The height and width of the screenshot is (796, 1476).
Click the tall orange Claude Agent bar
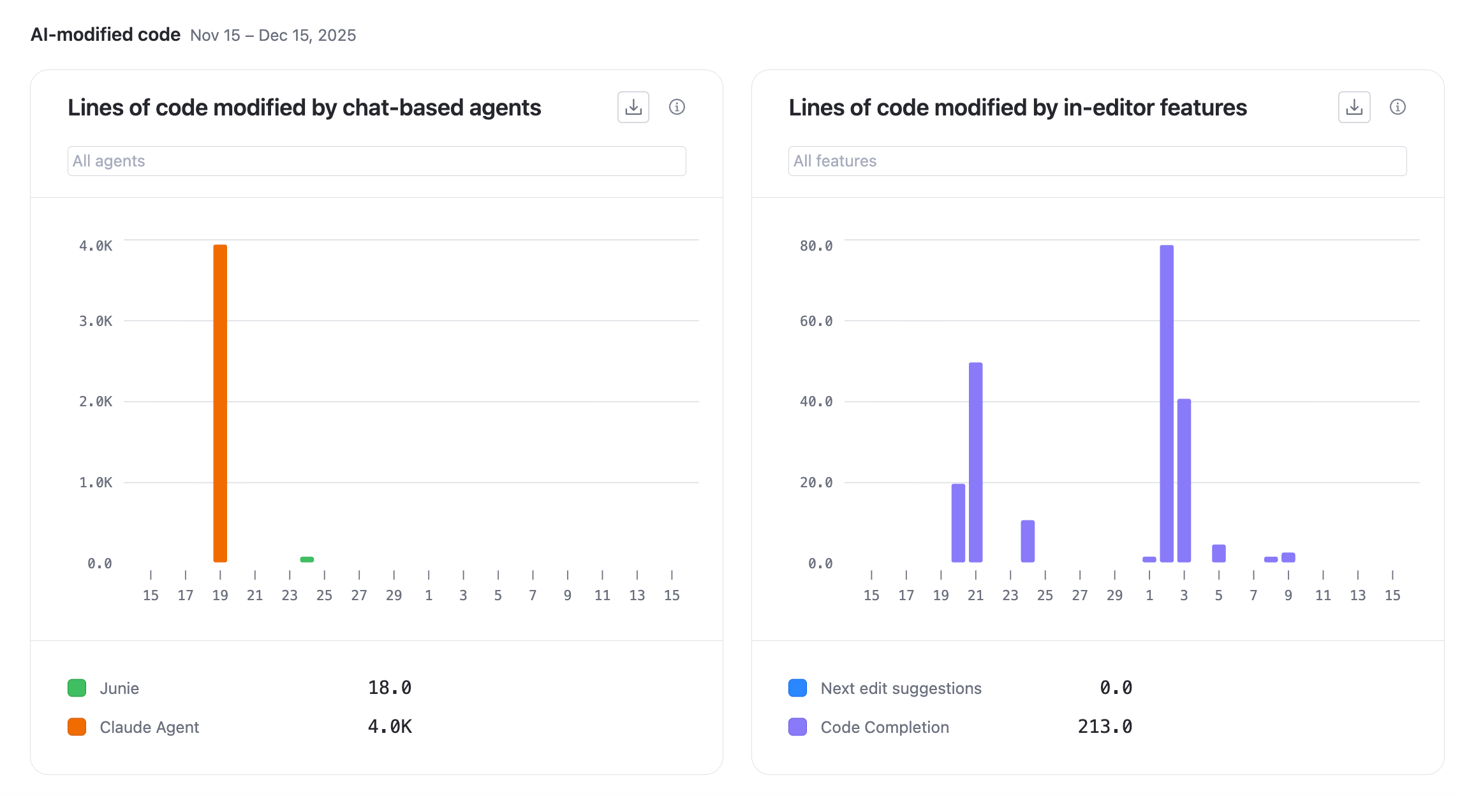tap(220, 403)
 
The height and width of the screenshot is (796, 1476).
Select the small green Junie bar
tap(307, 559)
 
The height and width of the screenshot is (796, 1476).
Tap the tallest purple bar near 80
tap(1167, 403)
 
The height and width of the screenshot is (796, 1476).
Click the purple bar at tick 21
tap(975, 462)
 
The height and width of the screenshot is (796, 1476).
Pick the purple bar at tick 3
tap(1184, 480)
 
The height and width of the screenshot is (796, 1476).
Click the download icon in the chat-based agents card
tap(633, 107)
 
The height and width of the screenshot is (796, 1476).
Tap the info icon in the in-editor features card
tap(1397, 107)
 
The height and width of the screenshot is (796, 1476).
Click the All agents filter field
tap(376, 161)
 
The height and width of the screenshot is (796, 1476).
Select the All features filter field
tap(1097, 161)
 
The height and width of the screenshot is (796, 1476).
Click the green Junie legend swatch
tap(77, 688)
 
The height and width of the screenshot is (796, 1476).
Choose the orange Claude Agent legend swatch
tap(77, 727)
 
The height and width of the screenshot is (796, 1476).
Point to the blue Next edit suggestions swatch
tap(798, 688)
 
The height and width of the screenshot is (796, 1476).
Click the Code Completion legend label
tap(885, 727)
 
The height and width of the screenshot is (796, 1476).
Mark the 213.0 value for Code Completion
tap(1105, 727)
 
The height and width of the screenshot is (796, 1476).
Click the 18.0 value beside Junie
tap(390, 688)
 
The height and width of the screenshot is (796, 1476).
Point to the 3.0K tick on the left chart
tap(96, 321)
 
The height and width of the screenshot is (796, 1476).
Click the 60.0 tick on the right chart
tap(816, 321)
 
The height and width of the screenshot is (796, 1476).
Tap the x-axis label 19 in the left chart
tap(220, 595)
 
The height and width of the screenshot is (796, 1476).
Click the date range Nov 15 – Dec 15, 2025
tap(273, 35)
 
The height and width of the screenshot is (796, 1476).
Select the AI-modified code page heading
tap(106, 34)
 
